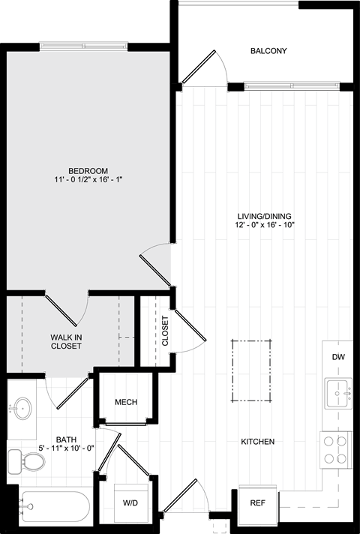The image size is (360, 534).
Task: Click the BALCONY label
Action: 268,51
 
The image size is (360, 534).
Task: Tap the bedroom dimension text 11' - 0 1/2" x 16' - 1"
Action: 88,179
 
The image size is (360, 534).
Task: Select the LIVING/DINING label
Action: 264,216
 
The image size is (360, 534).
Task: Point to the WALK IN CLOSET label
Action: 66,341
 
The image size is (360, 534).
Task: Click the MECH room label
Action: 126,402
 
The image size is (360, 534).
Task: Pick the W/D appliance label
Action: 130,503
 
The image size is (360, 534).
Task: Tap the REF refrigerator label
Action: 257,503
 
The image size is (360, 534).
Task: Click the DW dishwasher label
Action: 338,357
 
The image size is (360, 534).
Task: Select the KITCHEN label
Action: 257,442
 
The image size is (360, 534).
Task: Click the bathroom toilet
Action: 26,461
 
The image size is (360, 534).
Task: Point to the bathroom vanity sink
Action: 22,408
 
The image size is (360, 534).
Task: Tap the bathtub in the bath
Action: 54,506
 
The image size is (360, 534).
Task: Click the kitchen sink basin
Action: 338,393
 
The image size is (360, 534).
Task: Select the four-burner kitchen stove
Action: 335,450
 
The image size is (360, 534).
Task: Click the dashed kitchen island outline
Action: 252,340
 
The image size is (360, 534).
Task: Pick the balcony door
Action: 199,67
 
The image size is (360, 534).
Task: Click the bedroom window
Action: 83,46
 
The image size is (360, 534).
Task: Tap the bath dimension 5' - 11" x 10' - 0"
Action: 67,448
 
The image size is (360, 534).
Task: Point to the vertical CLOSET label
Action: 165,331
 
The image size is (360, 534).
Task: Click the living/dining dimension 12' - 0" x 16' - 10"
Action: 264,225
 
